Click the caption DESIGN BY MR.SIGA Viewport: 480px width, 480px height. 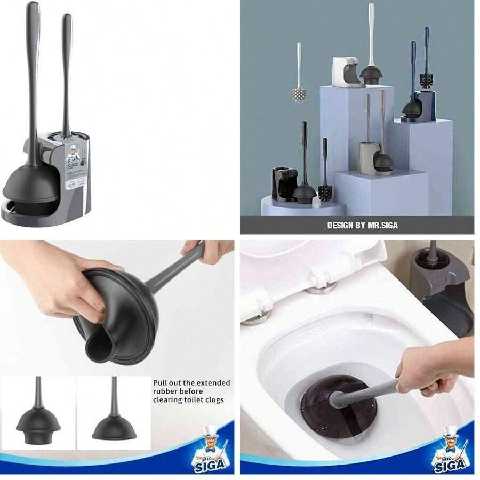[x=362, y=225]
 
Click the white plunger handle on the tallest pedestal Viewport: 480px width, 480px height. [x=371, y=32]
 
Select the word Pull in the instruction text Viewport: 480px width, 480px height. [x=161, y=383]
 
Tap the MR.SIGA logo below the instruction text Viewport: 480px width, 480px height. [x=212, y=453]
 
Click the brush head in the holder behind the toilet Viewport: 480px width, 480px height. [x=431, y=258]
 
